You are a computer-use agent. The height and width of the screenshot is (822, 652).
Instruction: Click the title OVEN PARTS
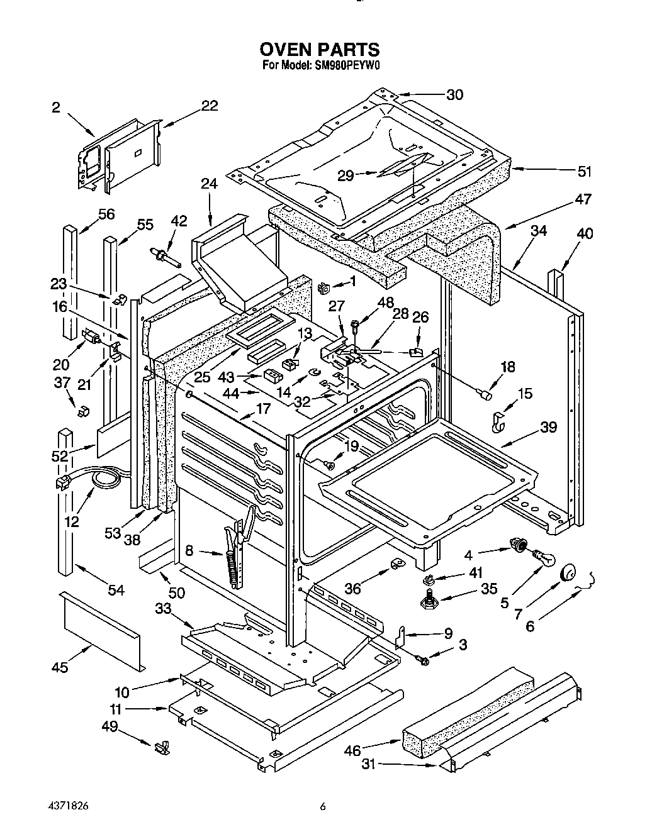320,49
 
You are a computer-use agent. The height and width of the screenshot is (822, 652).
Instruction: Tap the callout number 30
454,95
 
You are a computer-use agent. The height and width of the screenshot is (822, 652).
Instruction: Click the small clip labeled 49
161,746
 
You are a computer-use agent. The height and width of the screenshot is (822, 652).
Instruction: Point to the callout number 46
352,750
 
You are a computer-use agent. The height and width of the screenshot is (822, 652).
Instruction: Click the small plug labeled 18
485,394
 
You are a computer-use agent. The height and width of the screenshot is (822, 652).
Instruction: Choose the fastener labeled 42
163,255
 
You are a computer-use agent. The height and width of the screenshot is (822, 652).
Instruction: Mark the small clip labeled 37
82,412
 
